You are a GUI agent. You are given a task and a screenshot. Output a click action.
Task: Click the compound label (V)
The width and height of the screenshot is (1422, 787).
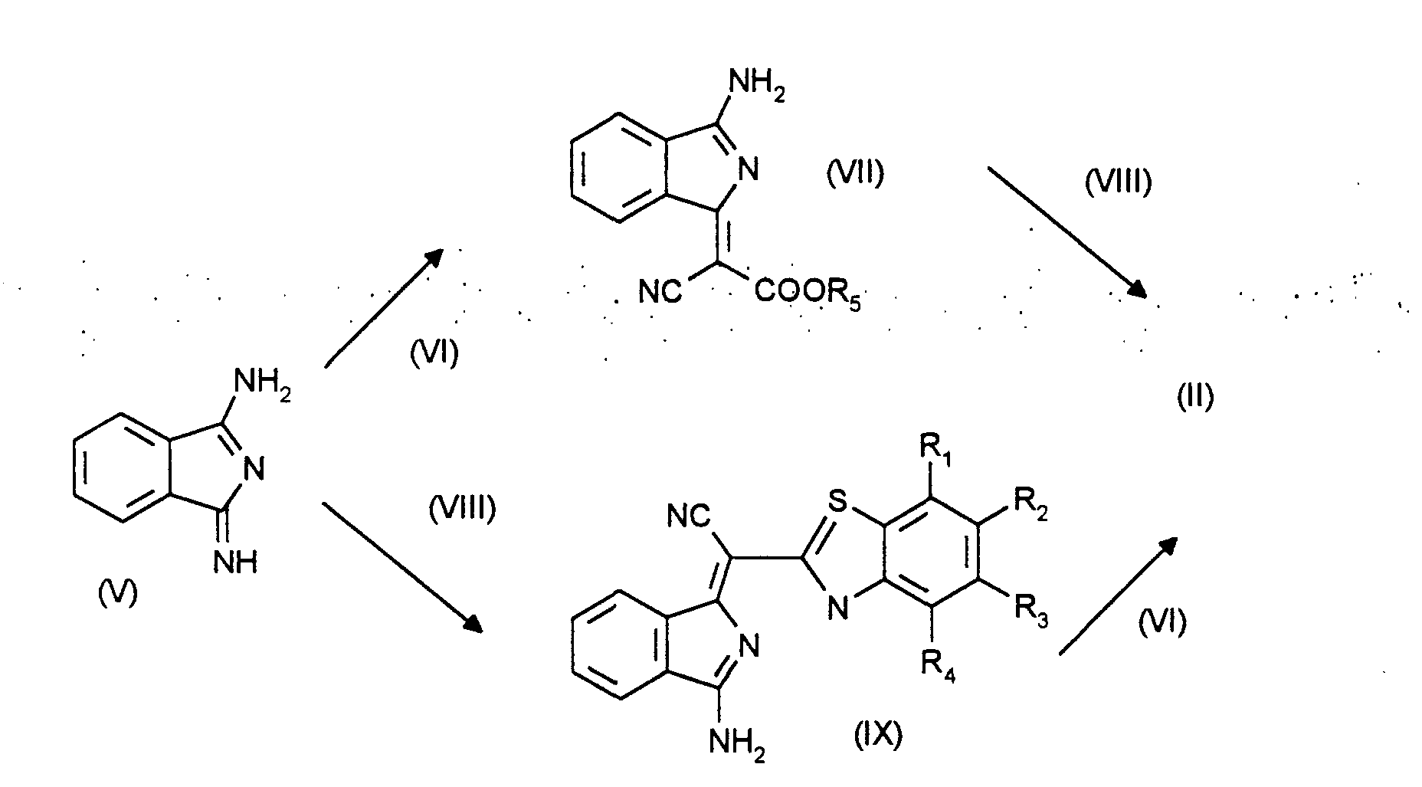pyautogui.click(x=118, y=592)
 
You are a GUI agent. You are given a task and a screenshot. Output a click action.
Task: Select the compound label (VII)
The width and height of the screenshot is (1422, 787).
pyautogui.click(x=854, y=174)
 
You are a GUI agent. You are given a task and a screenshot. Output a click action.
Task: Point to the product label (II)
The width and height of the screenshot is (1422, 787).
pyautogui.click(x=1194, y=396)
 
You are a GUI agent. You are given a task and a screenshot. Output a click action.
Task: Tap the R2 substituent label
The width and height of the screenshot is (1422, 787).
pyautogui.click(x=1031, y=504)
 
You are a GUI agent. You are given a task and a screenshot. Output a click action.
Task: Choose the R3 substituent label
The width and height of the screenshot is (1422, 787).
pyautogui.click(x=1031, y=610)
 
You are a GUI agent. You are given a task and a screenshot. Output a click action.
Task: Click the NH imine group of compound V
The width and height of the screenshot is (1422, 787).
pyautogui.click(x=235, y=563)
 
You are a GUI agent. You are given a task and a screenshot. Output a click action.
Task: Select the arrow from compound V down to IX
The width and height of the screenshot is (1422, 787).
pyautogui.click(x=403, y=566)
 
